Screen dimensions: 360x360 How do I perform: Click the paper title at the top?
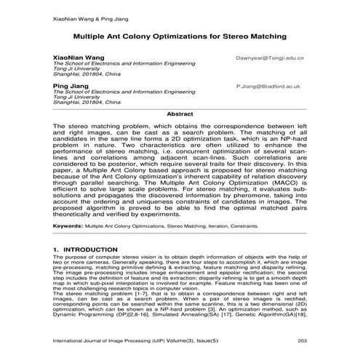pos(180,35)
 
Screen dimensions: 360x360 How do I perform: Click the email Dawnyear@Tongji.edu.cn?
pos(270,56)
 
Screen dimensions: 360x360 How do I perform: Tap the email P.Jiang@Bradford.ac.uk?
pos(269,85)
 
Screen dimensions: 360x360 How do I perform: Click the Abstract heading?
pos(180,114)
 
